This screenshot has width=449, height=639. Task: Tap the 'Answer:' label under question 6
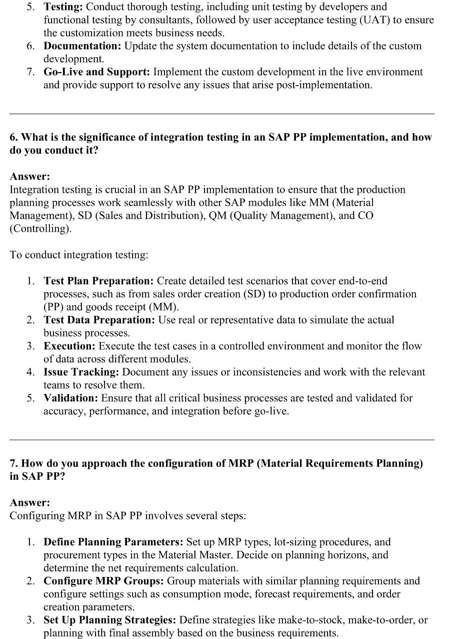click(x=30, y=177)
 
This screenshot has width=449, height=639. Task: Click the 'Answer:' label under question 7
click(x=30, y=503)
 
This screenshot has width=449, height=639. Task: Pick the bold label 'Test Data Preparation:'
click(x=99, y=320)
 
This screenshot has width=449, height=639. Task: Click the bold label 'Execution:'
click(x=70, y=346)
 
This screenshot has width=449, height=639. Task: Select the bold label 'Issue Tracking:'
click(x=81, y=372)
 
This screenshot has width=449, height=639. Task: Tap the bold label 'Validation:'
click(x=71, y=398)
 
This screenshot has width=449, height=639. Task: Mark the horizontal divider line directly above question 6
click(x=222, y=114)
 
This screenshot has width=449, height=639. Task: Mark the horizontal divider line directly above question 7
click(x=222, y=440)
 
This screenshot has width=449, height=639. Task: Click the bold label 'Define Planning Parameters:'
click(x=113, y=542)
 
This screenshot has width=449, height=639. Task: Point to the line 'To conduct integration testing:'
click(x=79, y=255)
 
